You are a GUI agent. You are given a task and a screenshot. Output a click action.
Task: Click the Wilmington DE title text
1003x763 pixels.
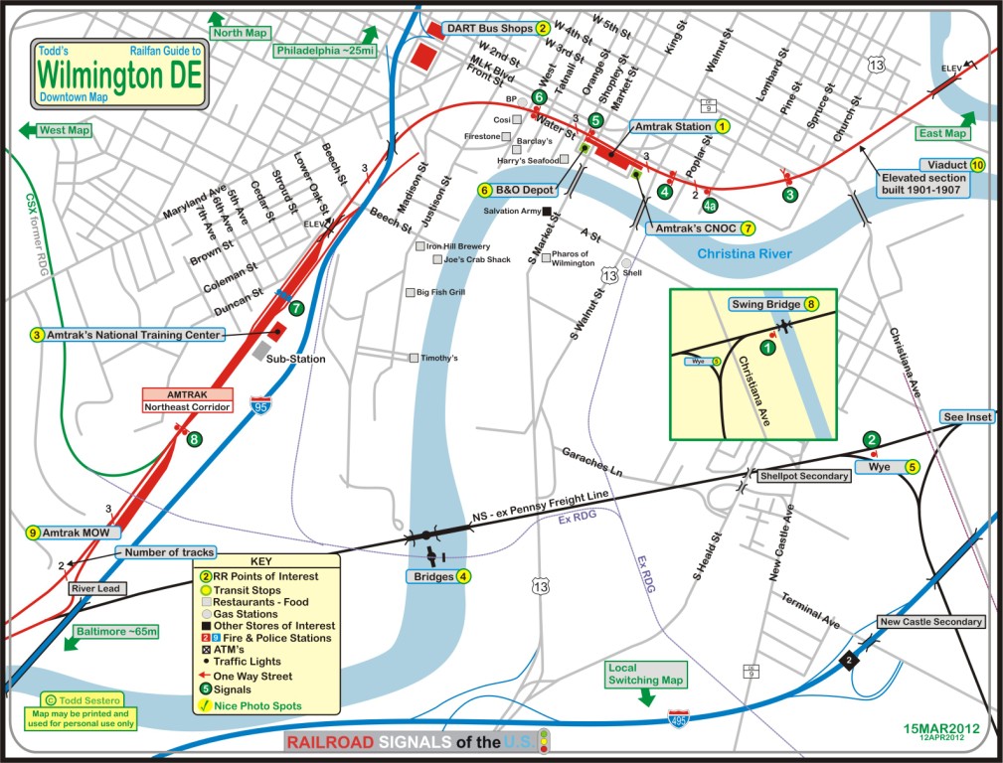118,75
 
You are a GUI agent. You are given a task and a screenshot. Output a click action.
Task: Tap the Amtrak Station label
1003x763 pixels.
670,127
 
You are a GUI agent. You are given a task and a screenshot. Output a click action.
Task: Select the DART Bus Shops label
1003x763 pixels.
488,29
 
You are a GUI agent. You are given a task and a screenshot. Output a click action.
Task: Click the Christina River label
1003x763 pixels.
745,254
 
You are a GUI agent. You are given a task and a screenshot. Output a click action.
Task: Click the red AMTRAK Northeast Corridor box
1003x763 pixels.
188,400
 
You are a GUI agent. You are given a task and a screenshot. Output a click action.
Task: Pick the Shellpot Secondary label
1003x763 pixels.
804,476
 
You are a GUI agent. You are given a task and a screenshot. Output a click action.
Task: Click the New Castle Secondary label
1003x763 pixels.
931,622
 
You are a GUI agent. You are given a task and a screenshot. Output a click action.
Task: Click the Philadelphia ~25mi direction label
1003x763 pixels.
326,50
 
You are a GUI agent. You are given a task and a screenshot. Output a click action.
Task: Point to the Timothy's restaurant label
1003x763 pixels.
439,358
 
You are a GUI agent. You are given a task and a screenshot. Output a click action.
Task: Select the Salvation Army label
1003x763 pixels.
510,211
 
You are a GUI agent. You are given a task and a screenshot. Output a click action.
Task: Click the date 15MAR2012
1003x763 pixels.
940,728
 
